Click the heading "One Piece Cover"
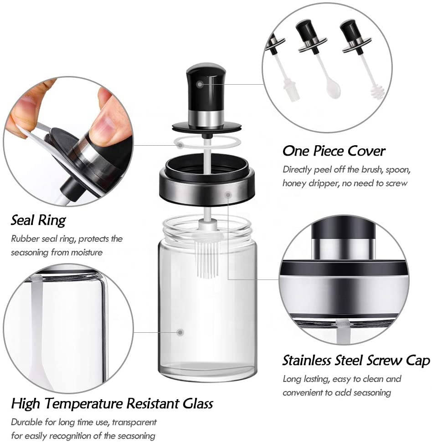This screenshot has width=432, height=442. pos(334,151)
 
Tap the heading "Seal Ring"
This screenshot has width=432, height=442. pos(38,220)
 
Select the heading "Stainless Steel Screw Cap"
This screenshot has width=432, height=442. pos(356,361)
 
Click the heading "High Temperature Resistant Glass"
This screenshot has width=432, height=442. pos(112,403)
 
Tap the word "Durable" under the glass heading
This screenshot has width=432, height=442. pos(26,422)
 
